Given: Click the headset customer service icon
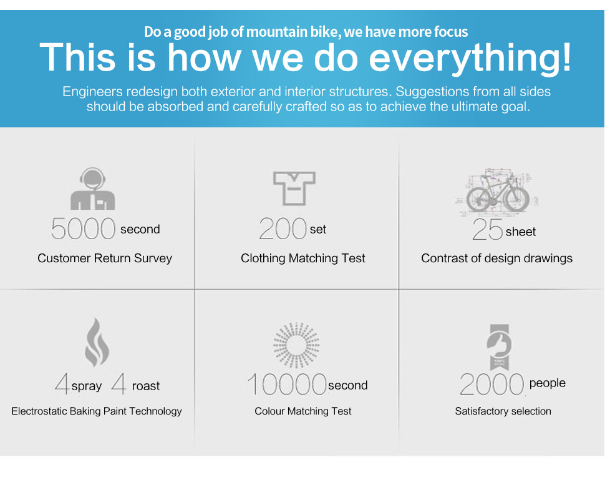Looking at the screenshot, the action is tap(92, 189).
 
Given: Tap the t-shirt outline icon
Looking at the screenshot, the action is tap(294, 188).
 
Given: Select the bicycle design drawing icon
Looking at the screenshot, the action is tap(498, 192).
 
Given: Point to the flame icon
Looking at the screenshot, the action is tap(97, 342).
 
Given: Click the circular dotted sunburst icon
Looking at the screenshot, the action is tap(296, 345).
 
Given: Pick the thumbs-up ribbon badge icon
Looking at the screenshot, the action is tap(499, 347).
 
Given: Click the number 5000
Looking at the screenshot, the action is tap(83, 229).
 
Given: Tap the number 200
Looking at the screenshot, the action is tap(283, 229).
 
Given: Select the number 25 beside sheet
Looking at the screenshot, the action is tap(488, 229).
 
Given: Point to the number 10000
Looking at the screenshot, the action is tap(287, 385).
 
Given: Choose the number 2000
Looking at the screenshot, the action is tap(491, 385).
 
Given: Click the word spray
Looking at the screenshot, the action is tap(87, 386).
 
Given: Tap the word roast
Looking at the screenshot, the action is tap(146, 386).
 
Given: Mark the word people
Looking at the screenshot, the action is tap(547, 383).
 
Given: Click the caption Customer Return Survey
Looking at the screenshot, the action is tap(105, 258).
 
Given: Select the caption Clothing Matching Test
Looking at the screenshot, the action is tap(303, 258).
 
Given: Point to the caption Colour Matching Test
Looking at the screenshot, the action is tap(303, 411).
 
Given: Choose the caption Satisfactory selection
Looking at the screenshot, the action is tap(503, 411).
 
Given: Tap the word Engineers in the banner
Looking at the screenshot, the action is tap(92, 92).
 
